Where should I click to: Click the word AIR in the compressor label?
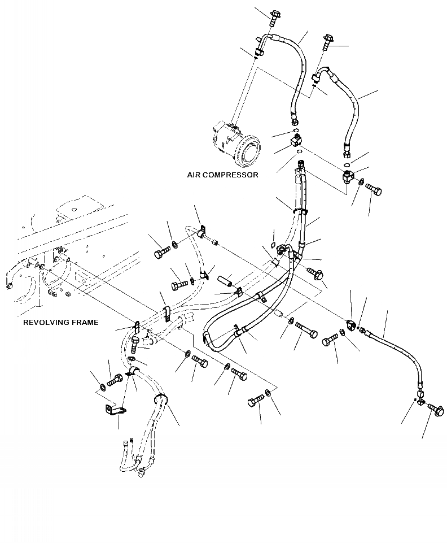point(194,175)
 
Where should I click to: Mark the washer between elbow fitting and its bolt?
point(361,184)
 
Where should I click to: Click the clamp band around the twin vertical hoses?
point(300,211)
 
